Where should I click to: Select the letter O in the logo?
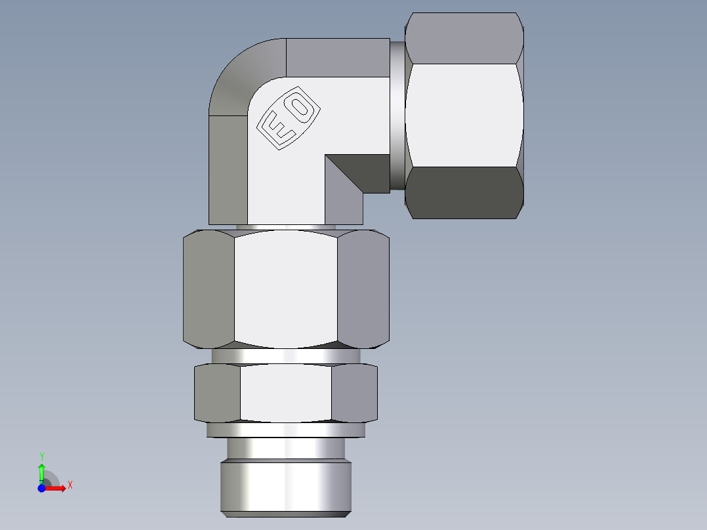[x=300, y=107]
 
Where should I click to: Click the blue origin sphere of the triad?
[x=41, y=488]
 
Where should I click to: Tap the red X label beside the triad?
[x=70, y=485]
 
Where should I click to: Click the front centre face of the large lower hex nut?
[x=285, y=289]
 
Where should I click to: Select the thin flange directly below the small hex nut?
[x=285, y=430]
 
